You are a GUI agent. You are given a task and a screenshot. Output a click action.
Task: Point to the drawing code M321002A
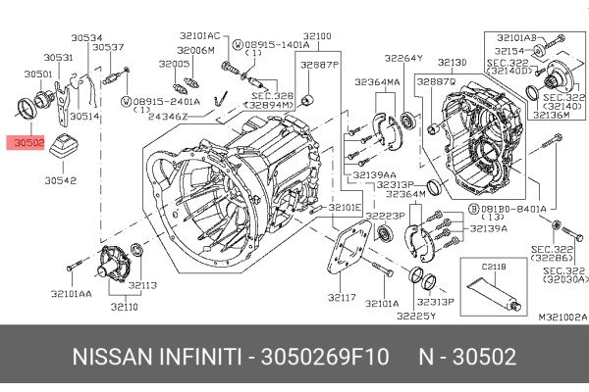[562, 317]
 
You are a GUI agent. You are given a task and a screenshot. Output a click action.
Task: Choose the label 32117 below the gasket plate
[341, 297]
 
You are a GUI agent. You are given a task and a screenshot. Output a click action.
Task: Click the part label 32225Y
[415, 316]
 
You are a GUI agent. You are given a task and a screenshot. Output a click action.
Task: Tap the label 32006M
[195, 49]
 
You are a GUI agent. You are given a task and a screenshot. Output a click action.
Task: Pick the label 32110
[124, 307]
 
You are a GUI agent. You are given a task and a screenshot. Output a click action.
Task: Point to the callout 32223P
[386, 215]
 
